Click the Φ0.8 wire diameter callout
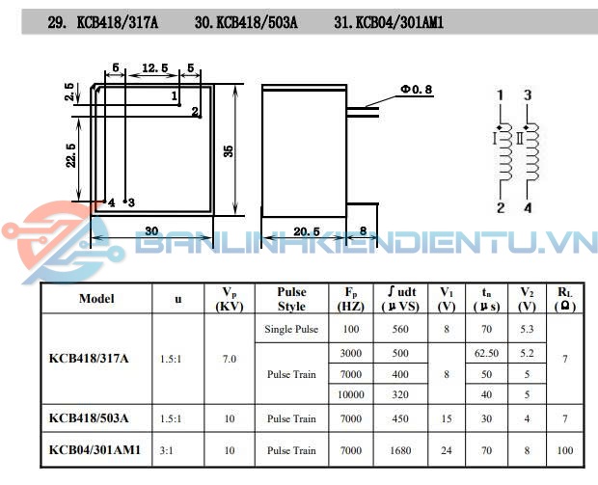[x=416, y=90]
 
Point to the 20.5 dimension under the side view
[x=307, y=231]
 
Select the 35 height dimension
[x=229, y=150]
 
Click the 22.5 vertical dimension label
[x=70, y=153]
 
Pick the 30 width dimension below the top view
[x=150, y=231]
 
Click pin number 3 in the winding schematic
[x=527, y=94]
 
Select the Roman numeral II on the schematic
[x=520, y=139]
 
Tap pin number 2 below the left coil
[x=501, y=208]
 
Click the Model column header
[x=96, y=299]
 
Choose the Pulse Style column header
[x=290, y=299]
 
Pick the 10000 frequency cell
[x=351, y=393]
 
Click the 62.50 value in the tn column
[x=487, y=353]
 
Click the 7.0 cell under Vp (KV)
[x=230, y=359]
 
